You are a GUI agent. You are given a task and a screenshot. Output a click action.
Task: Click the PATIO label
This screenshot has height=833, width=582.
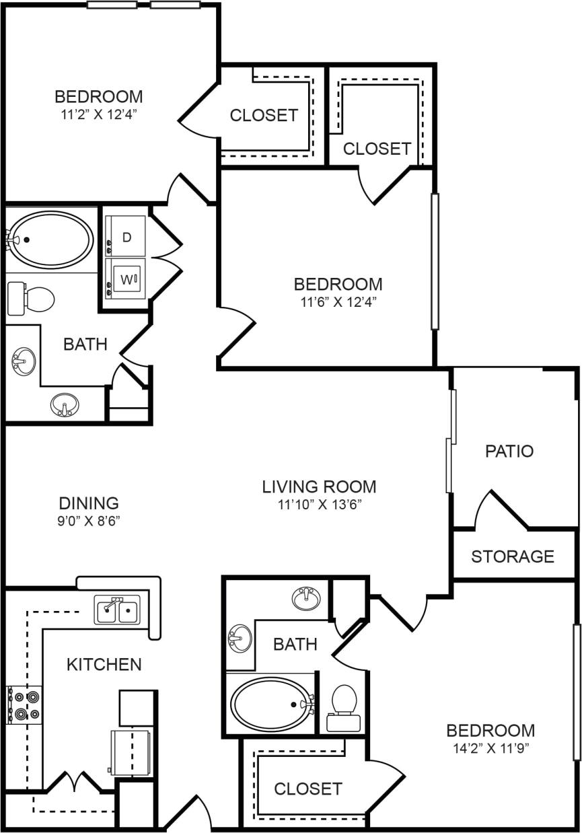click(x=509, y=451)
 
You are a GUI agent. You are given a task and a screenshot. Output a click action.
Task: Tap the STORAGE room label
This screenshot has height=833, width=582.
click(x=512, y=556)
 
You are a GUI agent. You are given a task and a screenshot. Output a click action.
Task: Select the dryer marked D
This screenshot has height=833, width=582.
click(x=126, y=236)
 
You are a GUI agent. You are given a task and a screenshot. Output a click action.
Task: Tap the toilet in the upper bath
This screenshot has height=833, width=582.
click(x=32, y=299)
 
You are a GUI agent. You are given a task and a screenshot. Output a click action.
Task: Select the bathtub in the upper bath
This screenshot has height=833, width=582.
click(x=50, y=239)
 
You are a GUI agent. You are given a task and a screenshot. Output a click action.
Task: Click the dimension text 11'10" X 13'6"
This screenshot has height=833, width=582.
click(x=319, y=505)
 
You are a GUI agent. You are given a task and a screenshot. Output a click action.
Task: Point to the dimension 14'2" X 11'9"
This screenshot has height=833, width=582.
click(x=490, y=748)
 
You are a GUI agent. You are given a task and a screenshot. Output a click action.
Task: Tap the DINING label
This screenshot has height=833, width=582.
click(x=89, y=503)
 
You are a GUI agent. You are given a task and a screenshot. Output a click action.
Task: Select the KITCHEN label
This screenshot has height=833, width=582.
click(x=104, y=664)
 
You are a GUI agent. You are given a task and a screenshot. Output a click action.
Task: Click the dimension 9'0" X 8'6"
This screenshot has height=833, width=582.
click(x=89, y=520)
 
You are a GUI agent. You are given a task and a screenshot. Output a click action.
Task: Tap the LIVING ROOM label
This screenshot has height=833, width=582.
click(x=319, y=486)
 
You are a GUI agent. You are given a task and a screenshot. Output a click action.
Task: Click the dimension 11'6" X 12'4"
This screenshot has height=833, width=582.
click(x=338, y=302)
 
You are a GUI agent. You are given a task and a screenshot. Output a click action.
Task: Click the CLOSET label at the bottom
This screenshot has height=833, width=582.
click(x=308, y=788)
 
